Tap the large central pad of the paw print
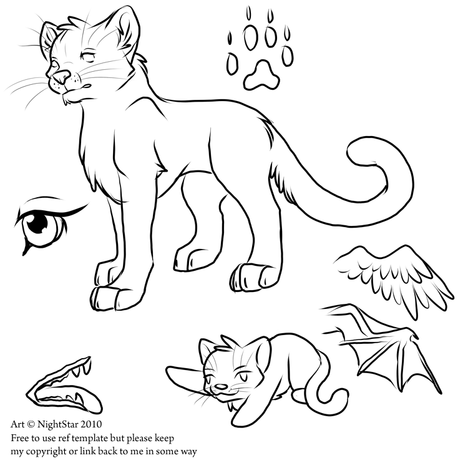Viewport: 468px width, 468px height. pos(261,76)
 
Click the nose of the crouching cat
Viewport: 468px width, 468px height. pos(221,387)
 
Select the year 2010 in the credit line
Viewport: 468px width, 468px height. pos(92,424)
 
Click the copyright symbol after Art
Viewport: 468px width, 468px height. pos(31,424)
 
